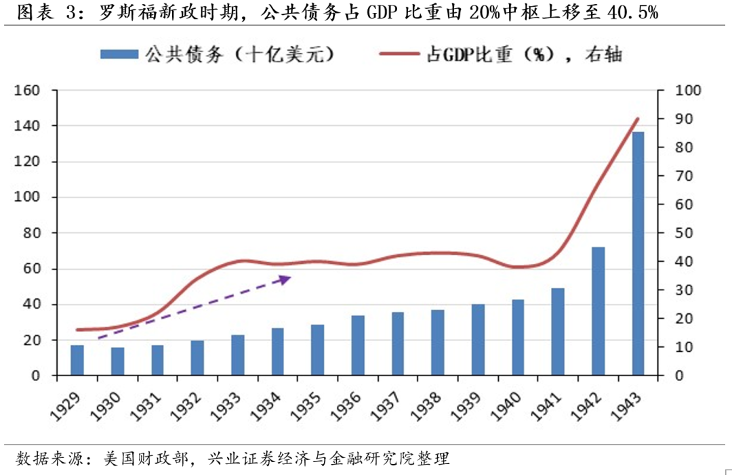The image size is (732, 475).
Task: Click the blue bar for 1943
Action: (638, 254)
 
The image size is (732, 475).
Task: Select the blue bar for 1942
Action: (598, 311)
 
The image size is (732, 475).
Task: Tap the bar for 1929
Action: (77, 360)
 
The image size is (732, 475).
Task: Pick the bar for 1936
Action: (358, 345)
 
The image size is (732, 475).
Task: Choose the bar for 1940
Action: (518, 337)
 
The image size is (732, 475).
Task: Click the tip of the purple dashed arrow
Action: (290, 276)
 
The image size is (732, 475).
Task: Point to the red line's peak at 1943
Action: (638, 118)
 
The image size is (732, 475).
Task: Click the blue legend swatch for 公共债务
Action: (119, 55)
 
